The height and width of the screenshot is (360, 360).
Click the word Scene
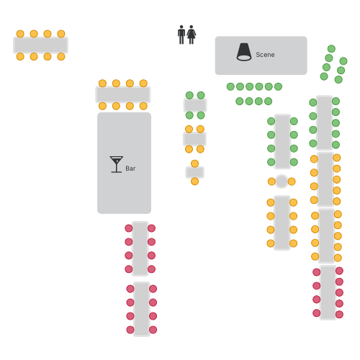click(265, 55)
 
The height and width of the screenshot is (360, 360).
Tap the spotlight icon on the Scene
click(244, 52)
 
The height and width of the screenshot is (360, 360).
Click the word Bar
click(130, 168)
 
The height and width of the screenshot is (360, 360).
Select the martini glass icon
click(117, 164)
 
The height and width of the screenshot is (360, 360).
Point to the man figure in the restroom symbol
click(181, 35)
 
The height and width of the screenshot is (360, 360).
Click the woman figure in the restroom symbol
click(192, 35)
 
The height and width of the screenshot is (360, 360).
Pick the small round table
click(282, 181)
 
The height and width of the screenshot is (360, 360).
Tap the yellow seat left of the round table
click(271, 181)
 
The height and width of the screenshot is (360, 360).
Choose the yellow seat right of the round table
click(292, 181)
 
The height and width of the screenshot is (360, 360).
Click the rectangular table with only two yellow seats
click(194, 172)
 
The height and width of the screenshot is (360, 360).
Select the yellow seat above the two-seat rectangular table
click(194, 163)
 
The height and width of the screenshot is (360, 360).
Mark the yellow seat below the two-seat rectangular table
click(194, 181)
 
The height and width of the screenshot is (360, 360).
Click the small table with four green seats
click(195, 105)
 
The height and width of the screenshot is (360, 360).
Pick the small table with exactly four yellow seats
click(194, 139)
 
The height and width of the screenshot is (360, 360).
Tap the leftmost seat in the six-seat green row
click(230, 86)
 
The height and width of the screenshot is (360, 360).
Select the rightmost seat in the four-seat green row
click(268, 102)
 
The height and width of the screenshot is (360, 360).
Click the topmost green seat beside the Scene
click(331, 49)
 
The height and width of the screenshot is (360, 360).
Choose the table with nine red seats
click(328, 292)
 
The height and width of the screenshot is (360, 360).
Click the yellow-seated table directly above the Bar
click(123, 94)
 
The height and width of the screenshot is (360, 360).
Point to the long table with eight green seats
click(282, 142)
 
